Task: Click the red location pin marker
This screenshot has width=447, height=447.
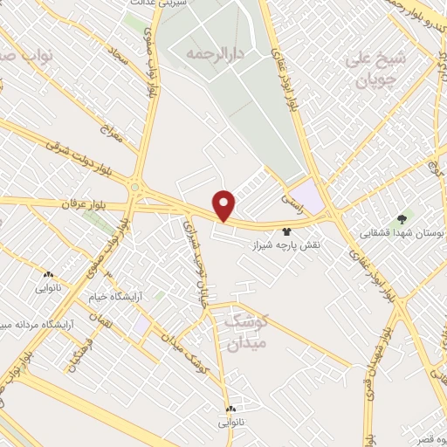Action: pos(225,204)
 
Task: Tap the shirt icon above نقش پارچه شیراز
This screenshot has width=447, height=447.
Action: pos(285,233)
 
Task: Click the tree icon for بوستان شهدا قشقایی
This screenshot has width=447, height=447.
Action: pos(402,218)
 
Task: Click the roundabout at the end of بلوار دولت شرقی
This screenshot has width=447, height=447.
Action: pos(135,186)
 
